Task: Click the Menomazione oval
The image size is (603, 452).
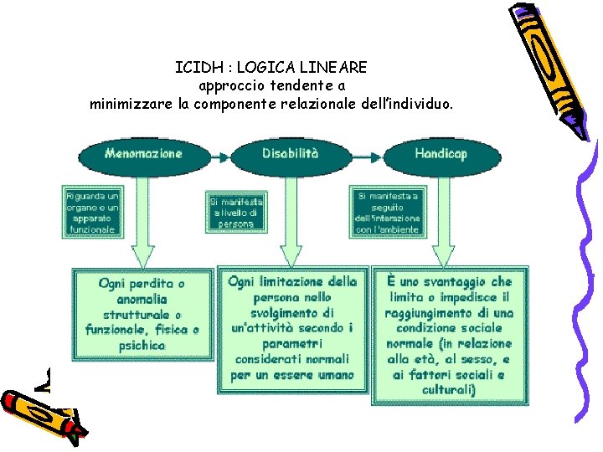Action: coord(143,155)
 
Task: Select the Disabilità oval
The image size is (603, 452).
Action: coord(291,155)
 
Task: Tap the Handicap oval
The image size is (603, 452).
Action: coord(441,155)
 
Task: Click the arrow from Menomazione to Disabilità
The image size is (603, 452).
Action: coord(216,156)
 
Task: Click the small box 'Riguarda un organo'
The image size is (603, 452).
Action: coord(91,212)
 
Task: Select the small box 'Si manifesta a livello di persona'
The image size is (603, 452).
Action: coord(236,213)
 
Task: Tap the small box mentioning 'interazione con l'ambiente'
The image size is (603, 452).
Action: coord(387,213)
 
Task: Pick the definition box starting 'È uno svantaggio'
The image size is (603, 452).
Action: coord(450,335)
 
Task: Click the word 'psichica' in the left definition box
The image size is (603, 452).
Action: coord(142,346)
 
